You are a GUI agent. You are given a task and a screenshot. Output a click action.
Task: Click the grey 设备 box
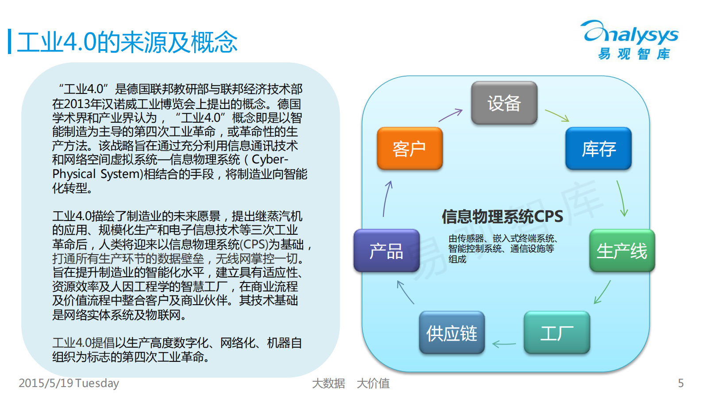coord(504,103)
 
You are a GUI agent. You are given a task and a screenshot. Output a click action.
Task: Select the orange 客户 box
coord(410,149)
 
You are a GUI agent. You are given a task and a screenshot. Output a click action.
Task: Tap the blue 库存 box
coord(598,149)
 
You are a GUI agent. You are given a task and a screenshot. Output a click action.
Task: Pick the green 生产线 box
coord(621,251)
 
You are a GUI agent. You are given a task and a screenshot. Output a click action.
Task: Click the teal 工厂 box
coord(556,333)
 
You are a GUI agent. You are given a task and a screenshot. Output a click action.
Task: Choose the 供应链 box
coord(452,333)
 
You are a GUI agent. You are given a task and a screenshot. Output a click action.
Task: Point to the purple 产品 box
coord(386,251)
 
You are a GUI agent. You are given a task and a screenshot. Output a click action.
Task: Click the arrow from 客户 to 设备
coord(450,115)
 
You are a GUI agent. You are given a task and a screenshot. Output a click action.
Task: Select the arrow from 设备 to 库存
coord(557,115)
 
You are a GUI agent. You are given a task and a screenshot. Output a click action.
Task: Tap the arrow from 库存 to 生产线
coord(622,198)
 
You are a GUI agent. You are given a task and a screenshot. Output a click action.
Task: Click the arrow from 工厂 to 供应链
coord(504,344)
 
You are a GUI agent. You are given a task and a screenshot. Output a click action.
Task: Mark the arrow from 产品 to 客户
coord(387,198)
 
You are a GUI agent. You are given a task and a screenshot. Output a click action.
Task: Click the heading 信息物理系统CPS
coord(502,217)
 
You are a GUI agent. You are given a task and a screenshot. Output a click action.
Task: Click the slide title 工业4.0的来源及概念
coord(127,43)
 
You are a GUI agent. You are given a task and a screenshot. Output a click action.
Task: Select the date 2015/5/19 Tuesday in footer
coord(69,383)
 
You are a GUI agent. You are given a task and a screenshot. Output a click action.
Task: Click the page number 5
coord(681,383)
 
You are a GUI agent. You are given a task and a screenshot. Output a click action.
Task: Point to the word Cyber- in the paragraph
coord(270,159)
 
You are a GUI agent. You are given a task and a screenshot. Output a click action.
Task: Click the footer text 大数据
coord(328,383)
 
